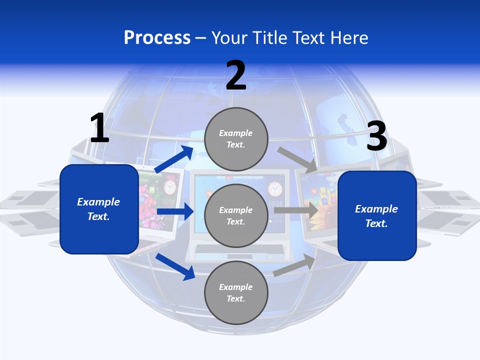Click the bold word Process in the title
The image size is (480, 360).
(157, 37)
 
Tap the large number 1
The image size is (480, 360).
(99, 128)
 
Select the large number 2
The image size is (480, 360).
(236, 75)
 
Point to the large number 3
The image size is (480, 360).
(377, 136)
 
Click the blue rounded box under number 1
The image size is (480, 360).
(99, 209)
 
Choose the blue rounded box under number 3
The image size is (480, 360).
(377, 216)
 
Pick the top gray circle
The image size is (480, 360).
(236, 138)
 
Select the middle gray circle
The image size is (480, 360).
(236, 215)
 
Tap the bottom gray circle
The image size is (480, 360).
(236, 292)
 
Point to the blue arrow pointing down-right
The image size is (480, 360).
(175, 266)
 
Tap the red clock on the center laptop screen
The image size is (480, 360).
(274, 189)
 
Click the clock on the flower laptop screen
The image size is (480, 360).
(170, 187)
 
